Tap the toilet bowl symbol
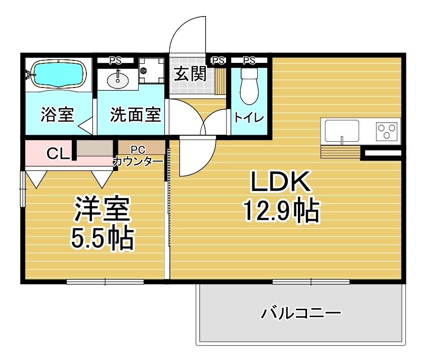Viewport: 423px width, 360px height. [x=249, y=86]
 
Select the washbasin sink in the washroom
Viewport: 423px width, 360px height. [x=118, y=79]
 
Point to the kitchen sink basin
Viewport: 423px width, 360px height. [x=342, y=131]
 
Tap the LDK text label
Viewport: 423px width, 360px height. [x=280, y=181]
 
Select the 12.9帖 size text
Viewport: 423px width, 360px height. [x=282, y=210]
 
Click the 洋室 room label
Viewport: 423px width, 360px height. [x=102, y=209]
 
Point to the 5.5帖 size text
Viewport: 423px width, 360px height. [x=102, y=238]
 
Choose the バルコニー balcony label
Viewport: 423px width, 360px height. [x=300, y=313]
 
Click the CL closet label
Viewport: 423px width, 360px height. [x=58, y=154]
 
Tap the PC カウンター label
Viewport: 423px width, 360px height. [x=138, y=156]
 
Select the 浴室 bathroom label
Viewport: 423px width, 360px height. [x=57, y=115]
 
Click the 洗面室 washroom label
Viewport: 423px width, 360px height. [x=135, y=115]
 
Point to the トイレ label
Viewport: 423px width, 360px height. [x=249, y=118]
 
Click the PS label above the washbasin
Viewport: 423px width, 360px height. [x=115, y=61]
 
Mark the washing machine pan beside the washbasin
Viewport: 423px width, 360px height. [x=151, y=71]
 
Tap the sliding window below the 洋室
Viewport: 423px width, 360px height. [x=105, y=282]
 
